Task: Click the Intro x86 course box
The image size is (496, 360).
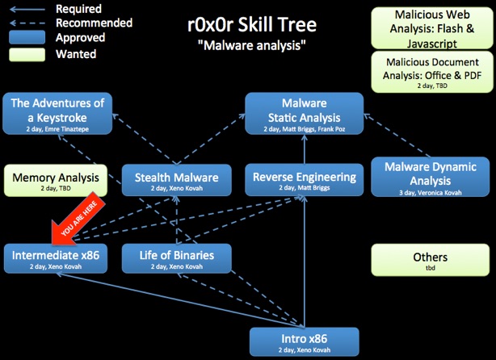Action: tap(305, 342)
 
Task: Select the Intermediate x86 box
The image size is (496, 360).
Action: tap(56, 258)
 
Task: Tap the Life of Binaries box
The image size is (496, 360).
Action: tap(177, 258)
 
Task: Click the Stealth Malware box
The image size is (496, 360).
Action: tap(177, 180)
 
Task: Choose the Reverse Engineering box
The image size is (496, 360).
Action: tap(305, 179)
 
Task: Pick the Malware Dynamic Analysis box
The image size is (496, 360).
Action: tap(431, 177)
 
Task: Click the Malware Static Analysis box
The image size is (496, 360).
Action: tap(305, 114)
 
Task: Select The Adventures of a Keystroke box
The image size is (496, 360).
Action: tap(57, 114)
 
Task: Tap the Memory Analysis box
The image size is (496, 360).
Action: tap(56, 180)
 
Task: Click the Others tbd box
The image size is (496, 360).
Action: tap(431, 260)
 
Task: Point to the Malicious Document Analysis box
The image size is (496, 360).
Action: tap(432, 72)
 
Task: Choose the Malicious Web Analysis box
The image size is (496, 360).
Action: tap(432, 28)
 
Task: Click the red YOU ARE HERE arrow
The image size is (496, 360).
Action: tap(78, 220)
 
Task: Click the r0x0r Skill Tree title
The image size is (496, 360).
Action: tap(252, 25)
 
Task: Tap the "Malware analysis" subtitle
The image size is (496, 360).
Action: tap(252, 45)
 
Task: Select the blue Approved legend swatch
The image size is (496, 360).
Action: tap(27, 37)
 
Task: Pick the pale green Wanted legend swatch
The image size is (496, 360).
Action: tap(27, 54)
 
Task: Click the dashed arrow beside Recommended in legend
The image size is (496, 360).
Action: tap(27, 23)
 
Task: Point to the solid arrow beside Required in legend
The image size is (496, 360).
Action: tap(27, 10)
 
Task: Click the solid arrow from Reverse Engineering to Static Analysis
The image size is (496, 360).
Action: tap(305, 149)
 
